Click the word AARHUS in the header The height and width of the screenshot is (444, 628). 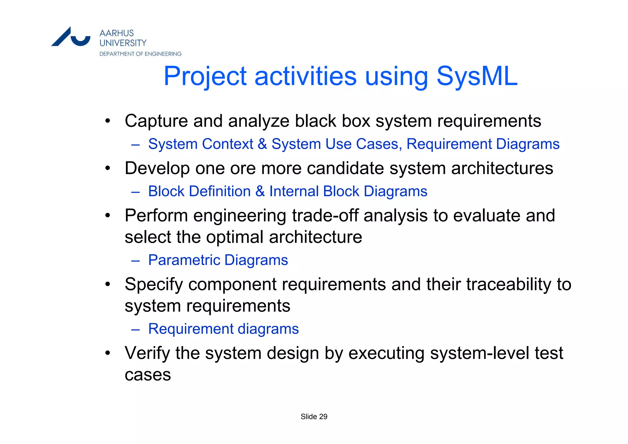point(117,33)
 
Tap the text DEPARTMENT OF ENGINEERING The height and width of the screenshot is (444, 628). point(140,54)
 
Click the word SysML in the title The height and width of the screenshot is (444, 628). point(477,76)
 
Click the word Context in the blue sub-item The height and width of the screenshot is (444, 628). point(228,144)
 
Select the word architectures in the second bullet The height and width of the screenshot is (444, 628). point(502,168)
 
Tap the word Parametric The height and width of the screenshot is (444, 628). point(184,260)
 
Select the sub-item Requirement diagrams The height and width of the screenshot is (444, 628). point(223,329)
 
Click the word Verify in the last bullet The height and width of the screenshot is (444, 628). point(147,353)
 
